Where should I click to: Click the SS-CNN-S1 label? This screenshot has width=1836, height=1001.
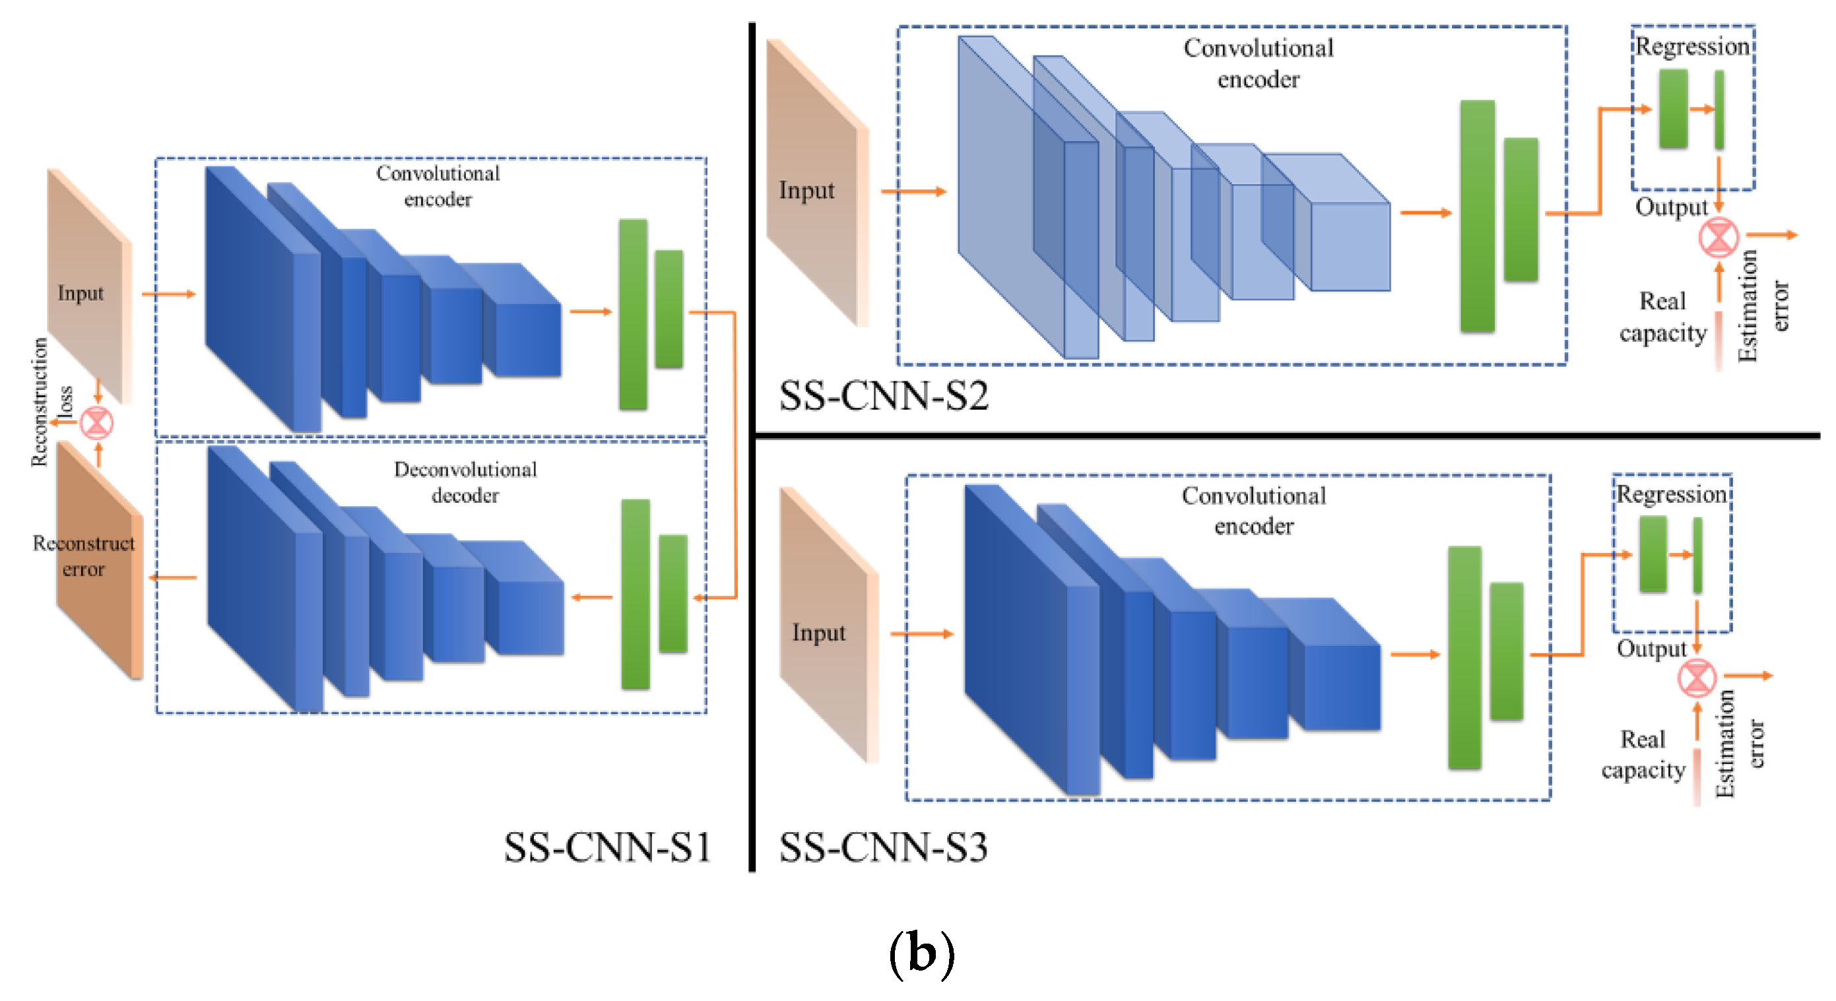[x=607, y=847]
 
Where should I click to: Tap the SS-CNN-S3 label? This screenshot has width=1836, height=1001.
[x=883, y=847]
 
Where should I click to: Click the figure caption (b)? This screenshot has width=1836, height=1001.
[x=921, y=954]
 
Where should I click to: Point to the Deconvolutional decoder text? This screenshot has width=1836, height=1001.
[x=465, y=482]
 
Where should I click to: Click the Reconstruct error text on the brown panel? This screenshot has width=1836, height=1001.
[x=83, y=556]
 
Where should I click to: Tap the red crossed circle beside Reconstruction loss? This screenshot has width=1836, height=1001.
[x=96, y=423]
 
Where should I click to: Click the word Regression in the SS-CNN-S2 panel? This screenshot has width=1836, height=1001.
[x=1692, y=47]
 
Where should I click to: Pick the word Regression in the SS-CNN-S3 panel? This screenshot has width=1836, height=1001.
[x=1672, y=494]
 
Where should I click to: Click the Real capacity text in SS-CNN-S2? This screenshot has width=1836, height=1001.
[x=1663, y=317]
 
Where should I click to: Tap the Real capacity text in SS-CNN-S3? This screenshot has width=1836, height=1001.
[x=1643, y=754]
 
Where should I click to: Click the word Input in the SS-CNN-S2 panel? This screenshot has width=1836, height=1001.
[x=806, y=191]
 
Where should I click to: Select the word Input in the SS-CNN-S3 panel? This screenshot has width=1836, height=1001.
[x=818, y=633]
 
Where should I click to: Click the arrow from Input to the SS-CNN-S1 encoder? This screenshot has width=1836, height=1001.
[x=168, y=294]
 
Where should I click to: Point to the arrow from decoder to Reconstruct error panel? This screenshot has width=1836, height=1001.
[x=173, y=577]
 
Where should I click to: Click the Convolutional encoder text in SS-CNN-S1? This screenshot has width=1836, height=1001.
[x=438, y=186]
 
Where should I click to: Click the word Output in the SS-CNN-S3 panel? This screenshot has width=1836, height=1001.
[x=1651, y=649]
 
